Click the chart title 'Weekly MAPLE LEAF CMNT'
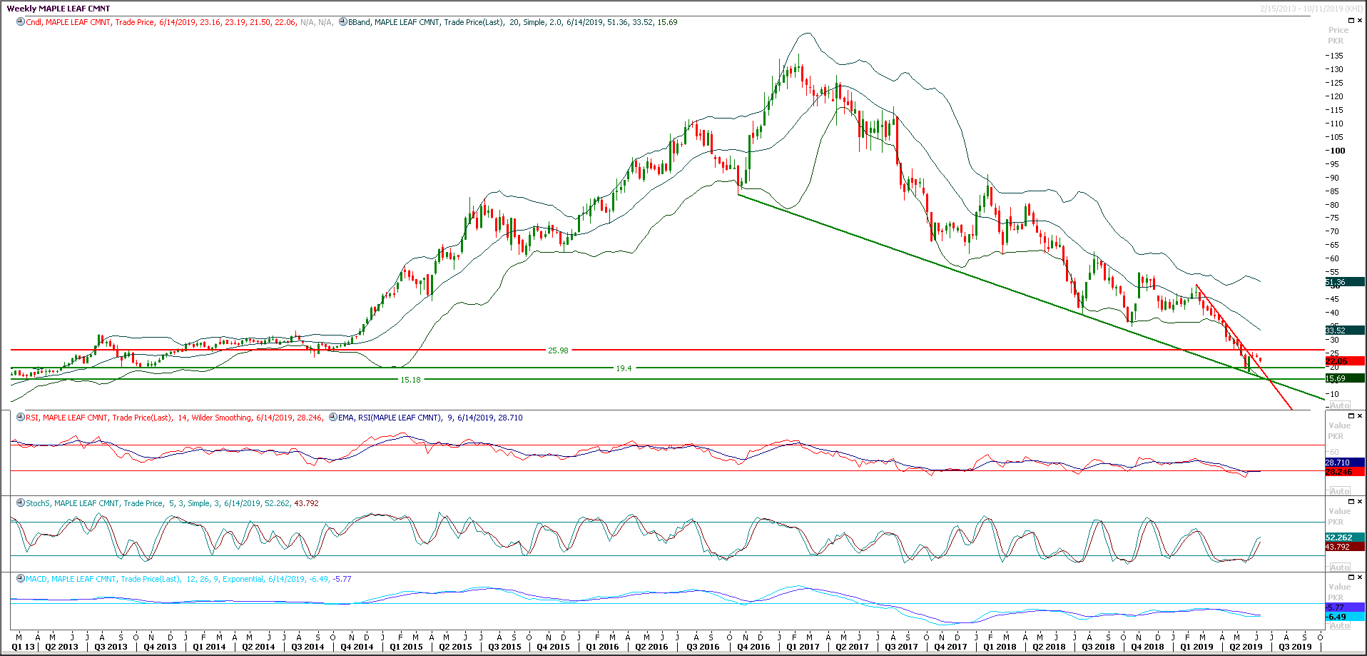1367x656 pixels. coord(59,9)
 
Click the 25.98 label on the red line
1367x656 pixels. coord(558,350)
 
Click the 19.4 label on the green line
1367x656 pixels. coord(624,368)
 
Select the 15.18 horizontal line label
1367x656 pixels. coord(410,380)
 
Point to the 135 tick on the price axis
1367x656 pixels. coord(1336,56)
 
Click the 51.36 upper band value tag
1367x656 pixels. coord(1336,282)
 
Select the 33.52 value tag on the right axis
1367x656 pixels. coord(1336,330)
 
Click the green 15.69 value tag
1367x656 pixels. coord(1336,378)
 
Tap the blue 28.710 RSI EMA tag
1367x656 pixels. coord(1338,463)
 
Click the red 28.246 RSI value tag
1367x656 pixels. coord(1338,472)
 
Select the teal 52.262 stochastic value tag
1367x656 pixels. coord(1338,538)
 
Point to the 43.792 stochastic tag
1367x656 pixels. coord(1338,547)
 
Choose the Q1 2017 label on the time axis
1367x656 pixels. coord(803,647)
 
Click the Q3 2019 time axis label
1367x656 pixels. coord(1295,647)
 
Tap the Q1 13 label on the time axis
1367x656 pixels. coord(23,647)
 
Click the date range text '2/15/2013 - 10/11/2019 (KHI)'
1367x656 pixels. coord(1311,9)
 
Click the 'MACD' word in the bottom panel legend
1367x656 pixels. coord(36,579)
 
